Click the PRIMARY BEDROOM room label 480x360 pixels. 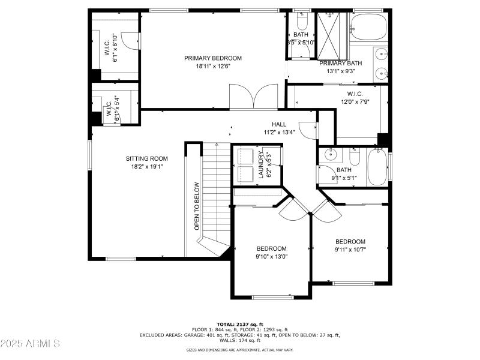tap(212, 58)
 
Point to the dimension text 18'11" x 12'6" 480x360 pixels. tap(212, 66)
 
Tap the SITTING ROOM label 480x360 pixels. tap(146, 158)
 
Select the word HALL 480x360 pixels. tap(278, 124)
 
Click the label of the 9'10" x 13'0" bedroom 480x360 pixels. tap(271, 248)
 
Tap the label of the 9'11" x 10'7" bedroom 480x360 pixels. tap(350, 241)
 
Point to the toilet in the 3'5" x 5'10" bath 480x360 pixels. tap(301, 22)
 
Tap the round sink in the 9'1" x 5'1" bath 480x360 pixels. tap(330, 155)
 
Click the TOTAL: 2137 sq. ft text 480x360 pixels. tap(240, 324)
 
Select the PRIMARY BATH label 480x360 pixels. tap(340, 63)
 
